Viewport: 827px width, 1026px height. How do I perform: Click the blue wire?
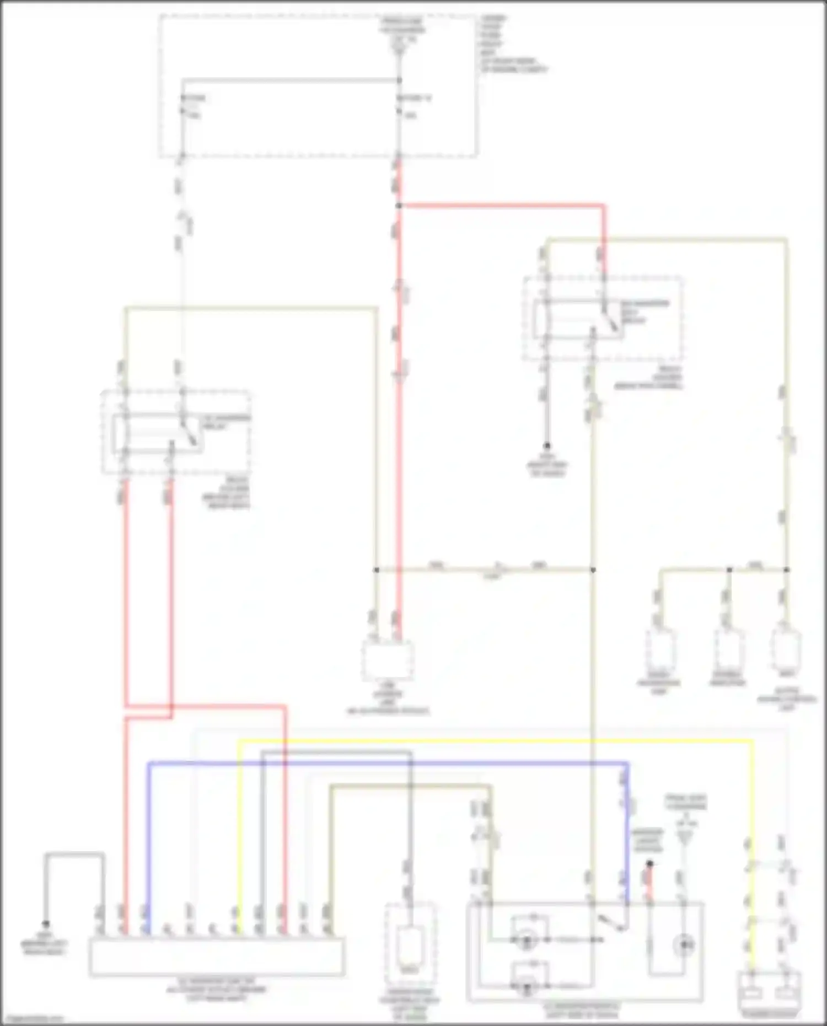point(386,763)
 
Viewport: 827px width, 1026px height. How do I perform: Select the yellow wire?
point(496,742)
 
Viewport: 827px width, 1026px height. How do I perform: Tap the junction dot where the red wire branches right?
point(399,206)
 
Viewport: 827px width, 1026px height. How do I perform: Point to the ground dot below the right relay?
point(547,445)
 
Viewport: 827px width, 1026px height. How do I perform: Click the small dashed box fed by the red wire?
point(388,660)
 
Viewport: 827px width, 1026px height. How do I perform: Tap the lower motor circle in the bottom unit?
point(526,987)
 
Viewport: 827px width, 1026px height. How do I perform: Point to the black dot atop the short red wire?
point(649,864)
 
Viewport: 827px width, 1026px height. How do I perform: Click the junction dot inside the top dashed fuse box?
point(399,80)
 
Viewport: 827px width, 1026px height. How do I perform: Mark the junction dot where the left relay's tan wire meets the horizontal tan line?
point(376,570)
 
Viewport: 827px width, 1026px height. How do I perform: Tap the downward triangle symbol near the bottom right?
point(685,839)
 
